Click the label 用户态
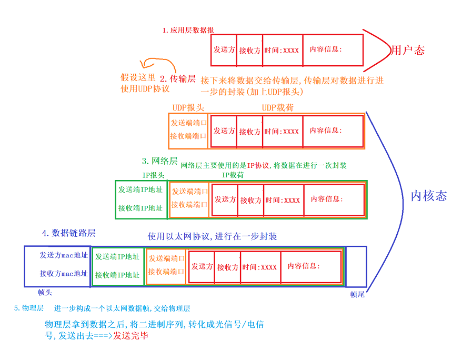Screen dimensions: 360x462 [408, 51]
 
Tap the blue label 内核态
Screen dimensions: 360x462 [429, 196]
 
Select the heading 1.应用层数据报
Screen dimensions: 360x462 [188, 30]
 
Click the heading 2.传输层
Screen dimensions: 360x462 [178, 78]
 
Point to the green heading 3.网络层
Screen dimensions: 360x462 [159, 161]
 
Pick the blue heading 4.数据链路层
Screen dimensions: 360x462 [68, 233]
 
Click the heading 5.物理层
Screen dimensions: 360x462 [29, 308]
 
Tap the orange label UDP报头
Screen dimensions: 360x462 [188, 107]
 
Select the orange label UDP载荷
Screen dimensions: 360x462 [278, 107]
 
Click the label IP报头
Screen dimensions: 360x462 [153, 175]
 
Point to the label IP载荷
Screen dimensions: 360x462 [233, 175]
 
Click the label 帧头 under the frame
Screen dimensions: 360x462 [45, 292]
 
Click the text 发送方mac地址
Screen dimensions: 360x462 [64, 255]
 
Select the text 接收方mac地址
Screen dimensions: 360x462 [64, 274]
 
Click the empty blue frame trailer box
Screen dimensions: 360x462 [356, 266]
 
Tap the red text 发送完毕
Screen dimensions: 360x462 [130, 335]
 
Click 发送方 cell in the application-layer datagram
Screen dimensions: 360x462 [224, 50]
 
